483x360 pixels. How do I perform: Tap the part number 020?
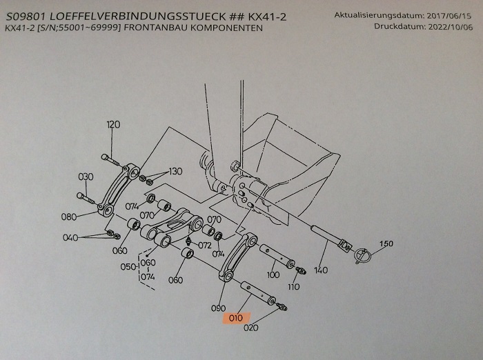click(251, 328)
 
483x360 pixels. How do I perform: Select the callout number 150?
click(387, 244)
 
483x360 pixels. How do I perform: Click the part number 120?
click(113, 124)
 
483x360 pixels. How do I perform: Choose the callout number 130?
click(175, 171)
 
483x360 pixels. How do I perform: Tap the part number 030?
click(85, 177)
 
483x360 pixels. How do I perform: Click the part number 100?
click(273, 275)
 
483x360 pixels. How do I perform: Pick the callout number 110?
click(293, 286)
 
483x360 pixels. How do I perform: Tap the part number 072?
click(204, 245)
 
